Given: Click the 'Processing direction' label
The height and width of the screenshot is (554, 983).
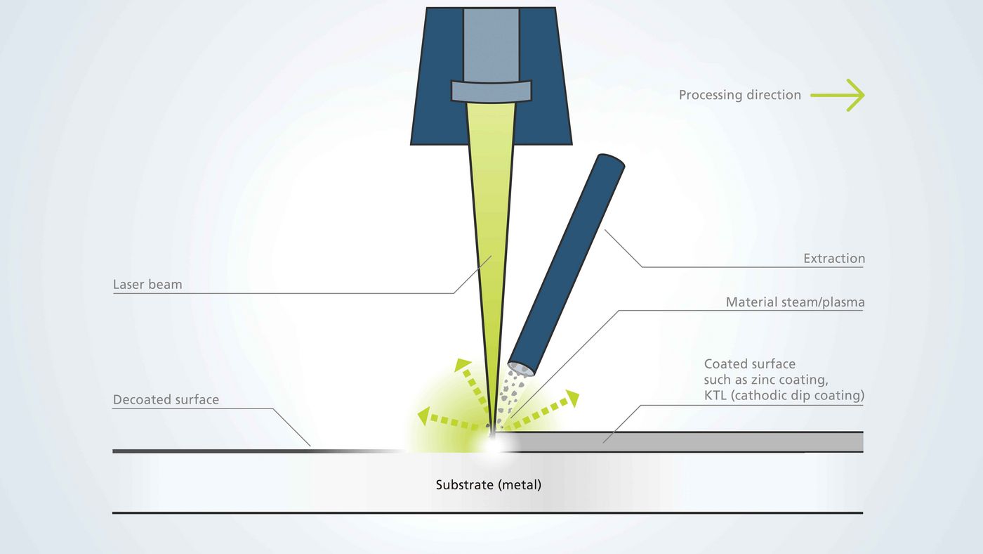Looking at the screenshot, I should point(739,95).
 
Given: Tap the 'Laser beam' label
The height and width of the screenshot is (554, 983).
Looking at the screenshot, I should point(147,285).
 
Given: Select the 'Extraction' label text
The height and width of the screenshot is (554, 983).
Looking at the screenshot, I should point(833,259).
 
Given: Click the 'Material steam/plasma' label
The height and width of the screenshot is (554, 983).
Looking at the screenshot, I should point(795,302).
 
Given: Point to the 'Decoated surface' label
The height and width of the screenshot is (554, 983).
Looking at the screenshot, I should point(166,399).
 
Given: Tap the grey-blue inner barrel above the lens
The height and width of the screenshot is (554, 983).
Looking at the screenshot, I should point(491,42).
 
